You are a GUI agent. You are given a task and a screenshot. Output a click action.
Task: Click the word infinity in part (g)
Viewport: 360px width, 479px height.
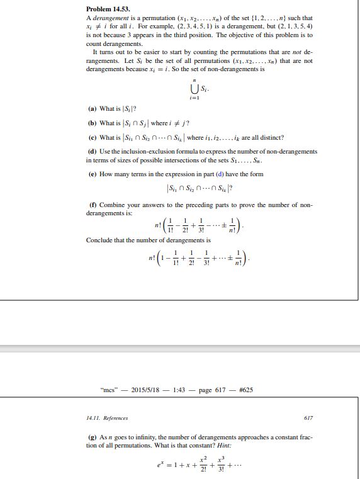coord(135,437)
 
